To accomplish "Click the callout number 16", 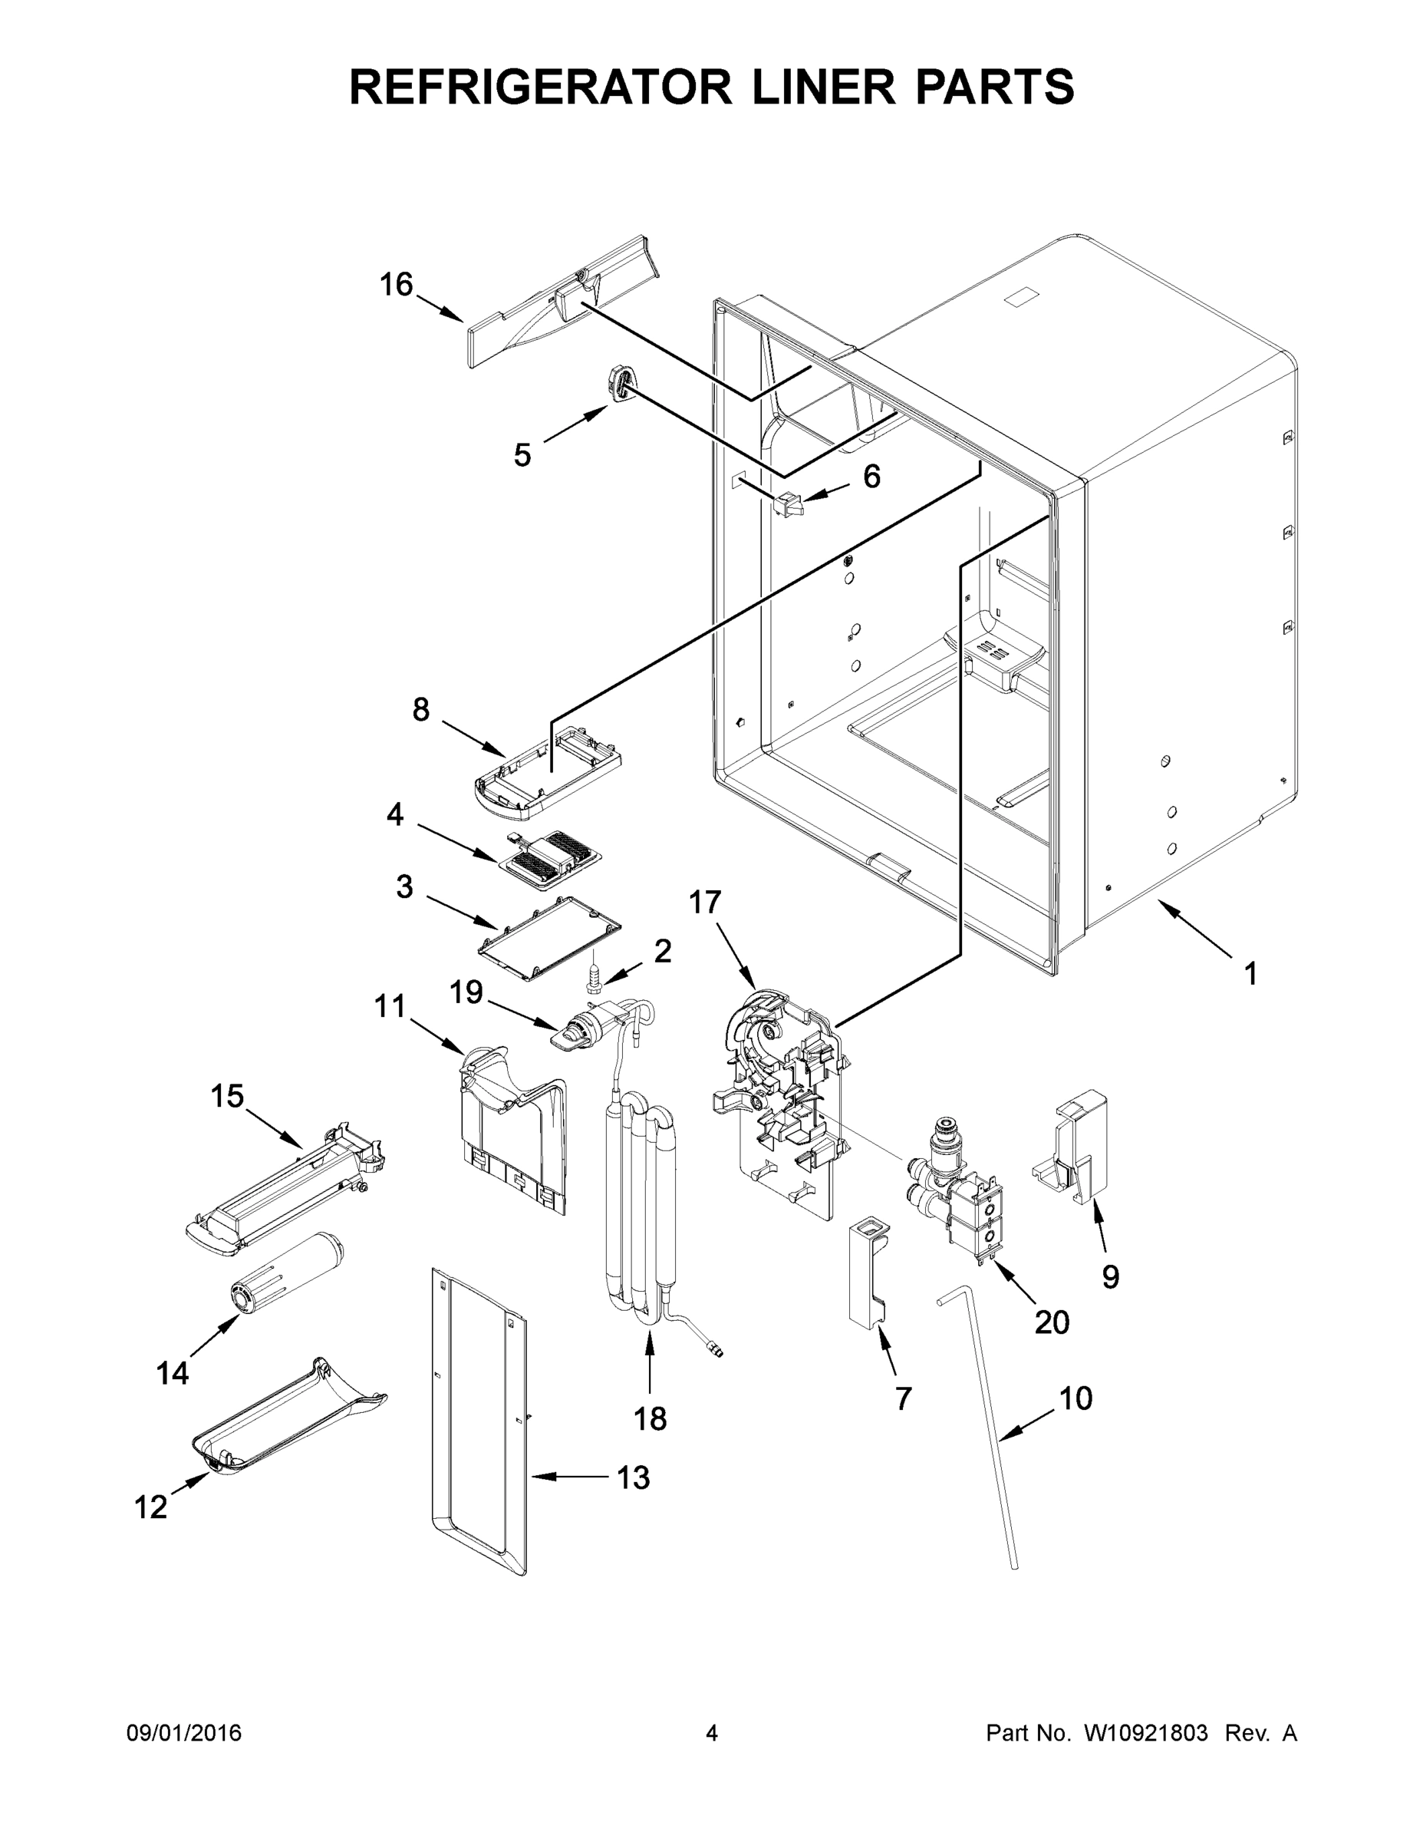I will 395,285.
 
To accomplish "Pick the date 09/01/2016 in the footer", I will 184,1733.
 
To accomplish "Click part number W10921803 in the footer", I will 1145,1733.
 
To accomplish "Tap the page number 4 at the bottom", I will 712,1733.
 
